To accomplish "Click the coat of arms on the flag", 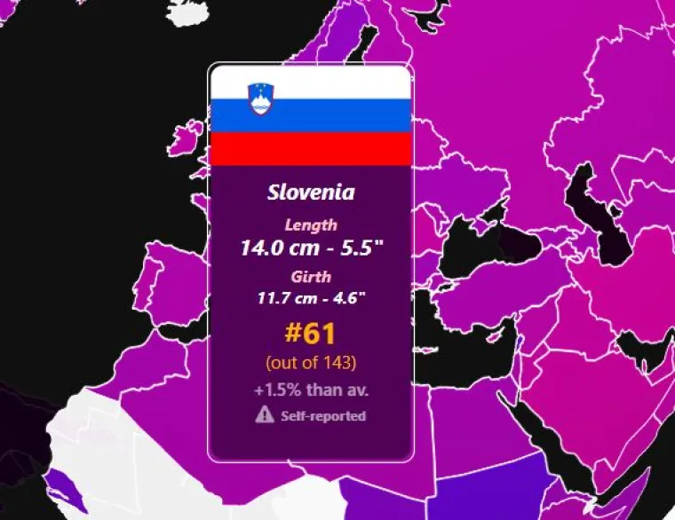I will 261,98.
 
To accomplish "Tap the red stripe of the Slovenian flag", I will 311,148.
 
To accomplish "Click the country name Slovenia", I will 311,192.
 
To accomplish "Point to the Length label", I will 311,225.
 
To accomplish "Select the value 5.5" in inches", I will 361,247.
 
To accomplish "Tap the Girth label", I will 311,276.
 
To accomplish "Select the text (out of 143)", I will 311,362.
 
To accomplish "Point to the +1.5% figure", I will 279,390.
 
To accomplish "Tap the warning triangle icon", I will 265,414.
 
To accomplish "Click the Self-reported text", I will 323,415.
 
